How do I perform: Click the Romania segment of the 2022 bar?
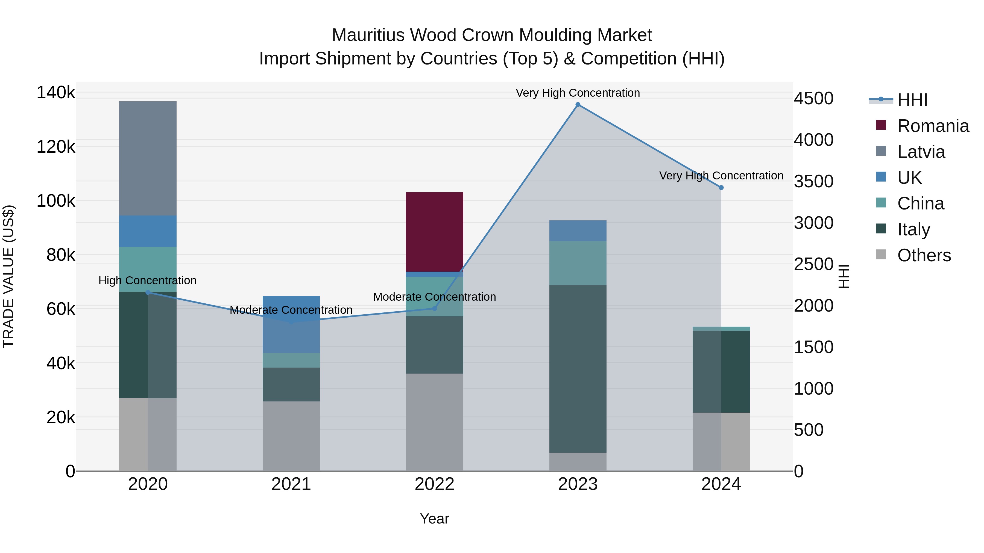434,232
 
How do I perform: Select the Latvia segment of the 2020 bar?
148,158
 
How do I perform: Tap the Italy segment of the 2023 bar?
578,369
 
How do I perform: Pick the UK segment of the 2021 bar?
291,324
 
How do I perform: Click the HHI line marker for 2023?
578,105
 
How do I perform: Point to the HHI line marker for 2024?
721,187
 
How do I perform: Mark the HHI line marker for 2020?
148,292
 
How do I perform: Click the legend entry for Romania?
933,126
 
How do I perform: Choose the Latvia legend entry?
921,152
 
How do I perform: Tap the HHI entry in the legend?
912,100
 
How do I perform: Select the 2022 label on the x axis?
434,484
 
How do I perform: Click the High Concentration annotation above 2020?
147,280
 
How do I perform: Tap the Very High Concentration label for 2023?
578,93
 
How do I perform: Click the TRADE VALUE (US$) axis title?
8,276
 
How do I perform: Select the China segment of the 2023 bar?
578,263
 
